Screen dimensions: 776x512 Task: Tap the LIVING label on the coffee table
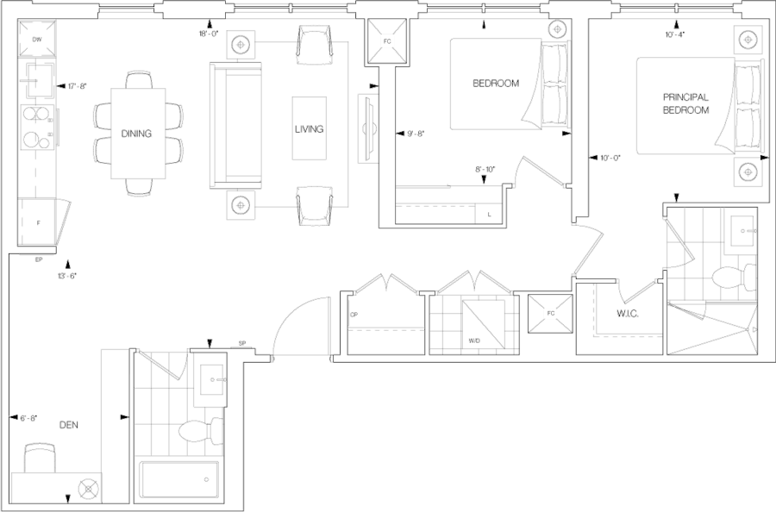pyautogui.click(x=308, y=128)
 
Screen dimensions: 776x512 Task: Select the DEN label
pyautogui.click(x=68, y=425)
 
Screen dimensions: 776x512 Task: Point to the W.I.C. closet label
pyautogui.click(x=626, y=315)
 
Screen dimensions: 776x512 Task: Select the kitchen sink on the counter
pyautogui.click(x=37, y=78)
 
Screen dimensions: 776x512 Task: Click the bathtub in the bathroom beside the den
pyautogui.click(x=181, y=483)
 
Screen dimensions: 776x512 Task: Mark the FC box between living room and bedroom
pyautogui.click(x=385, y=41)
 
